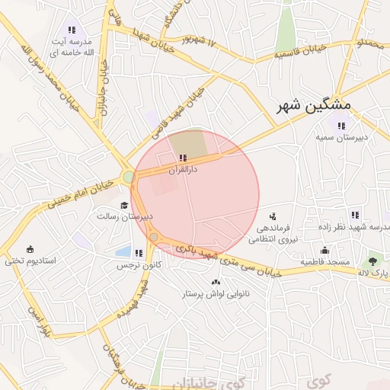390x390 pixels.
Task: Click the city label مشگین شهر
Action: click(x=313, y=105)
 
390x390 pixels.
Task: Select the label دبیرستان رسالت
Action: click(x=124, y=216)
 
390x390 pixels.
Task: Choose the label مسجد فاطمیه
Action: click(x=324, y=262)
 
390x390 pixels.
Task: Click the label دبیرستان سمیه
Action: click(x=342, y=137)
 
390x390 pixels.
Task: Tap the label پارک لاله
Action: click(x=374, y=273)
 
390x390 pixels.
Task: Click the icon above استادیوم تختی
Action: click(x=30, y=249)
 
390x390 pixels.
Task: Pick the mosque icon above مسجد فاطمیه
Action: click(x=324, y=251)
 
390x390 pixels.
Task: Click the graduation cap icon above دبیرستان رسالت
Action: click(x=124, y=205)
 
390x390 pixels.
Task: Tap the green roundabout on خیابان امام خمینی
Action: click(x=128, y=177)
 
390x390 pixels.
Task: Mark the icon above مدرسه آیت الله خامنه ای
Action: click(x=72, y=30)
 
